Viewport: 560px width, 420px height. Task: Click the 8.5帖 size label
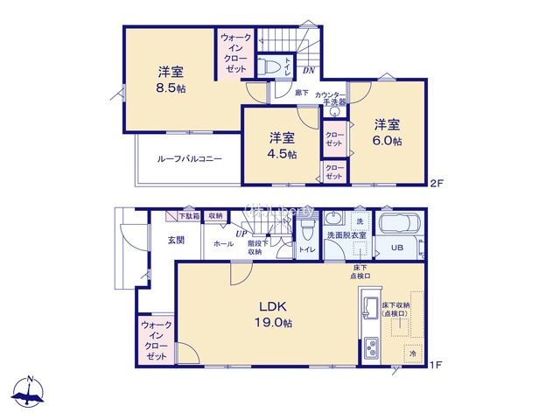click(x=171, y=87)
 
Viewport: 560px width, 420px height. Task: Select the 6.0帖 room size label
click(x=388, y=141)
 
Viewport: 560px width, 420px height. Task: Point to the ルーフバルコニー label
click(x=189, y=159)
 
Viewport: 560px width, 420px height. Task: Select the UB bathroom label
click(x=397, y=248)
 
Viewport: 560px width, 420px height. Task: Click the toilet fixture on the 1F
click(x=305, y=230)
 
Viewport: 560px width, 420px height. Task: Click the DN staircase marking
click(x=309, y=70)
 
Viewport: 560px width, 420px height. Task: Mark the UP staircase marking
click(x=239, y=234)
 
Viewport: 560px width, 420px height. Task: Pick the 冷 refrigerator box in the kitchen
click(x=411, y=353)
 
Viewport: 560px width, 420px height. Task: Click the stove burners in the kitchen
click(x=369, y=348)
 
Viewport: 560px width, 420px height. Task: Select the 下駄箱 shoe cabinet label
click(x=188, y=215)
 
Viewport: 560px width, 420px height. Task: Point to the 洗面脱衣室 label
click(x=346, y=235)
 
